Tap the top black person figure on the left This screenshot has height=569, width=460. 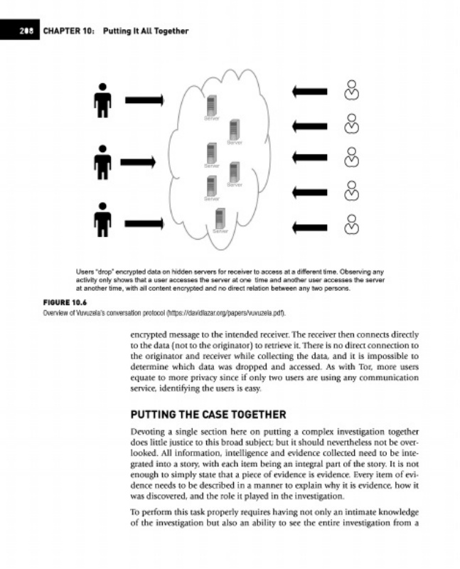104,100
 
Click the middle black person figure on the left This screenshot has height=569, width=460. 104,162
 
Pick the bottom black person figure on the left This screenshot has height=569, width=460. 104,218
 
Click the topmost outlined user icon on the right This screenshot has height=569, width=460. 351,90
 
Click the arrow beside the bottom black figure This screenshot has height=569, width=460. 144,218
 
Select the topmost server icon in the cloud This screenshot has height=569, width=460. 210,105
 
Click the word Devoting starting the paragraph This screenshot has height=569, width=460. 151,432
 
